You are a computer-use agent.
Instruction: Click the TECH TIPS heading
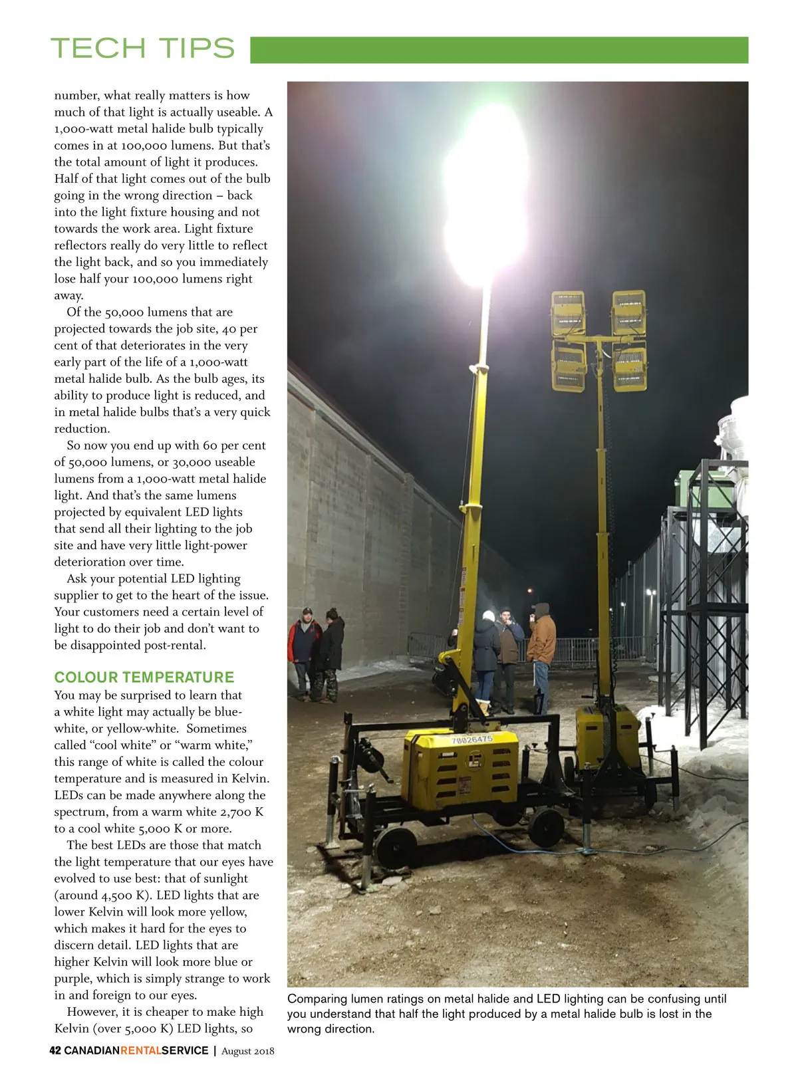point(142,49)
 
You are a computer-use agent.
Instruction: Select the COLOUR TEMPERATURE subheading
point(144,677)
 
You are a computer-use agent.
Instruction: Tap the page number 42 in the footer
point(55,1050)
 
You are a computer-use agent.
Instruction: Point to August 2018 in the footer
point(247,1051)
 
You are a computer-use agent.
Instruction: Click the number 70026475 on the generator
point(471,739)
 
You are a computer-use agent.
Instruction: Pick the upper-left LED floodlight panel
point(568,313)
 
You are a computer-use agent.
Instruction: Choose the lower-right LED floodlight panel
point(628,367)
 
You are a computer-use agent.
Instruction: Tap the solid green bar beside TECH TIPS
point(499,50)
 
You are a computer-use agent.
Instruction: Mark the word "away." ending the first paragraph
point(68,295)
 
